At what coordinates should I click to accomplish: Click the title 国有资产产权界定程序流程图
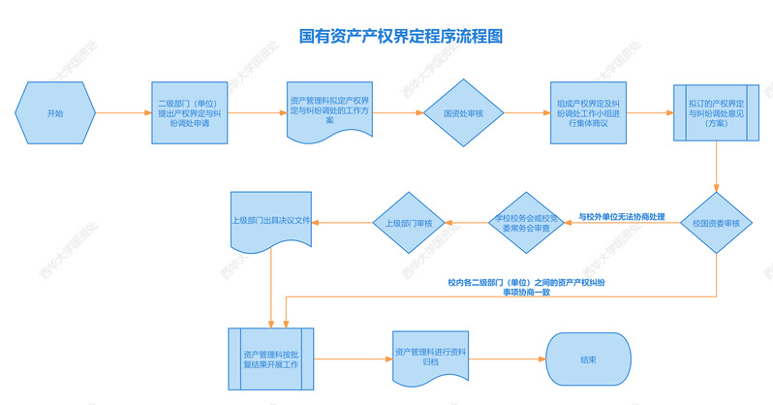click(401, 37)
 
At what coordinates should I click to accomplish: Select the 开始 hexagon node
click(54, 113)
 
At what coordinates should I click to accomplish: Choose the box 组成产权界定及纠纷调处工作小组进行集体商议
click(589, 113)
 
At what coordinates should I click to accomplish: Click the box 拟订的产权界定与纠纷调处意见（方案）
click(716, 113)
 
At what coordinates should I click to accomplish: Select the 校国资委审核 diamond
click(716, 224)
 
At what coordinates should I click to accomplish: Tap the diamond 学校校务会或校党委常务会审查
click(523, 224)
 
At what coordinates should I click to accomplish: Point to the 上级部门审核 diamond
click(409, 224)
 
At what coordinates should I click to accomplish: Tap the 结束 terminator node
click(588, 358)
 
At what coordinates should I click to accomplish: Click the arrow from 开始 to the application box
click(124, 113)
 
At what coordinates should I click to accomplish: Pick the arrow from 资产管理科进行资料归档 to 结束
click(508, 358)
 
